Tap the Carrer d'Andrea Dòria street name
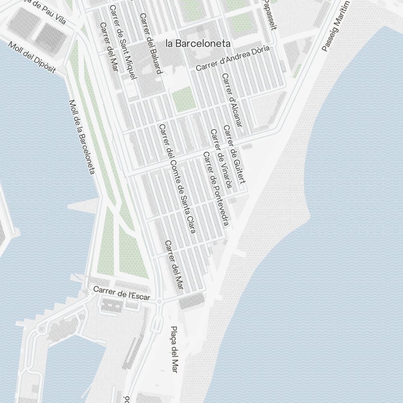233,59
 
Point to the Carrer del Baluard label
151,44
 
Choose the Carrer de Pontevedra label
216,189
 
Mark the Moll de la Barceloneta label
82,137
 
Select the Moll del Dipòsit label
31,58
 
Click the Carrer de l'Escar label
122,293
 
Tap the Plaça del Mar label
174,349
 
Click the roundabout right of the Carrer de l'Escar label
160,301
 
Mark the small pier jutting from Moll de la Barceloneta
83,207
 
